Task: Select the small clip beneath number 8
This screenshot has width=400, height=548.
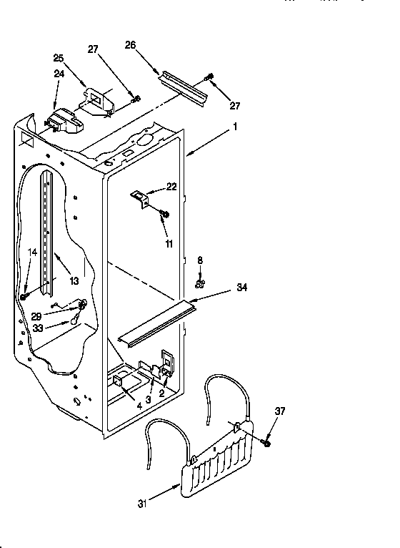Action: click(200, 283)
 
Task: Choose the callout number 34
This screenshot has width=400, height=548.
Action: click(242, 288)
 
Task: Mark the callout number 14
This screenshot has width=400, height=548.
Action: click(31, 252)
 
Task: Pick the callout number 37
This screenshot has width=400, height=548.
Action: click(279, 410)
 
